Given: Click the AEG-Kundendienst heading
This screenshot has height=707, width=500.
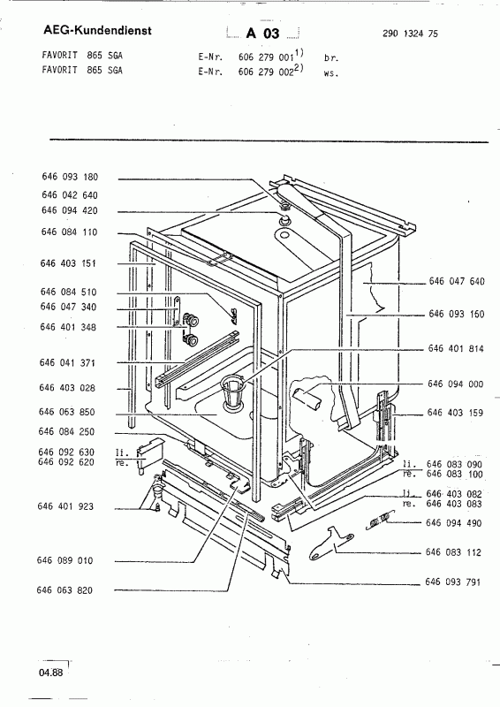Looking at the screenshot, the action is (x=97, y=30).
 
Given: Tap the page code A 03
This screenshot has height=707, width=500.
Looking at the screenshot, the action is (x=263, y=34).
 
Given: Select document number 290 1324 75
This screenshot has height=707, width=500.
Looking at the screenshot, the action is (x=410, y=34).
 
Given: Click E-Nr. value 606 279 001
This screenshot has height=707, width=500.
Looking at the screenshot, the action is (x=266, y=57).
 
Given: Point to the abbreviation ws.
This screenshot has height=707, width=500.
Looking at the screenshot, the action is (x=331, y=73).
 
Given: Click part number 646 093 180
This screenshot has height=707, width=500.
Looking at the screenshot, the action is (x=70, y=177).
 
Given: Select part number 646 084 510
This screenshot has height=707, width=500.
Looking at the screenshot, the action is (x=69, y=292).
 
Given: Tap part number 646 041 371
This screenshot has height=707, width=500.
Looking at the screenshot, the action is (x=68, y=362).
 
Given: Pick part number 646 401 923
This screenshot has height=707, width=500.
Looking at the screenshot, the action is (x=66, y=506).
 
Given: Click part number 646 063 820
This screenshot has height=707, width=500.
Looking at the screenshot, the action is (x=64, y=589).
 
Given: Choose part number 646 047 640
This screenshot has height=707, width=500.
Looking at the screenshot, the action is (x=457, y=281).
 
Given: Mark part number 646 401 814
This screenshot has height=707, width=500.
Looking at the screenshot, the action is (x=456, y=348).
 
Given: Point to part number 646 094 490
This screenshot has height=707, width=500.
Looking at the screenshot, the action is (x=453, y=523).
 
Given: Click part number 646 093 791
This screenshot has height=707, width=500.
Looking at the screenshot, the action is (x=452, y=582).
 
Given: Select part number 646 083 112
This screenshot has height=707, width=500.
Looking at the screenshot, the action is (x=453, y=552).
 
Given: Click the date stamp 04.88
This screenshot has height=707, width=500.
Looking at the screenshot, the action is (x=51, y=673).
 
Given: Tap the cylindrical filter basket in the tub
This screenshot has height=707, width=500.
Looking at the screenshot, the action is (x=233, y=393).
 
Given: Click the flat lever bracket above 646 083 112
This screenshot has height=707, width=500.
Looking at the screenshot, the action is (x=331, y=543).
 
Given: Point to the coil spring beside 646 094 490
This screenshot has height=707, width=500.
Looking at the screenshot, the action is (x=377, y=521).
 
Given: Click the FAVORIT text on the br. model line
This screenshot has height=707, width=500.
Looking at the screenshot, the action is (x=59, y=56).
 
